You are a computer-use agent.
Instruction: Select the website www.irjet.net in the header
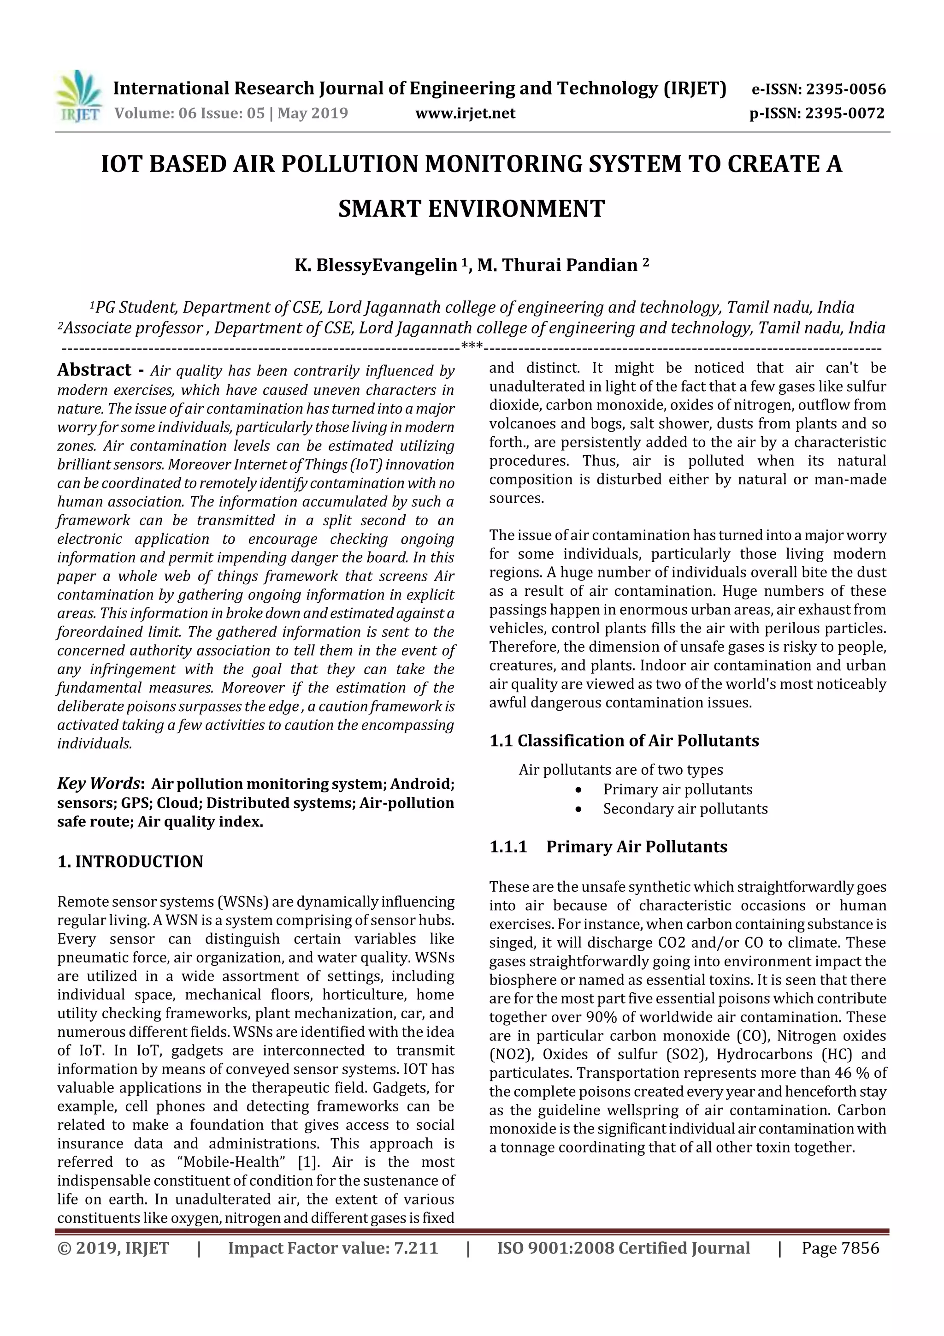point(465,113)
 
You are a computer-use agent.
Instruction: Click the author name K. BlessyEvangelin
point(376,265)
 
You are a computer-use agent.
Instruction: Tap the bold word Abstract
point(94,370)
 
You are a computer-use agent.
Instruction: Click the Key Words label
point(99,783)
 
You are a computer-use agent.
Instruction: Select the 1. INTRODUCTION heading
point(130,862)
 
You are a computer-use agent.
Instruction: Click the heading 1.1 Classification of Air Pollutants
point(624,741)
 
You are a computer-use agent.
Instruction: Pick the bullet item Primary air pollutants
point(677,790)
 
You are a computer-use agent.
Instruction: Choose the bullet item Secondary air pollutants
point(684,809)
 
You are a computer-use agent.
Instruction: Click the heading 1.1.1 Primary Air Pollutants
point(608,847)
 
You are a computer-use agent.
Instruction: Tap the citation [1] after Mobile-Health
point(307,1162)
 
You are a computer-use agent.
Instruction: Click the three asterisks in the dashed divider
point(471,347)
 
